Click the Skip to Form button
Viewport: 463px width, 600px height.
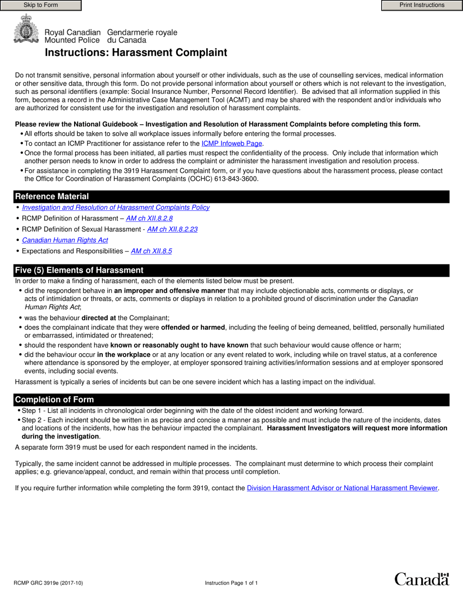(x=40, y=5)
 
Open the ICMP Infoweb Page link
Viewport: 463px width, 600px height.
(x=232, y=143)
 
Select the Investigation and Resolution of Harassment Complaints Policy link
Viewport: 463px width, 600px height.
(x=116, y=207)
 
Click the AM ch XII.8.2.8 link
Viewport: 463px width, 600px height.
(x=149, y=219)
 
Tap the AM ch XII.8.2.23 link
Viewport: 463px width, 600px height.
(x=172, y=229)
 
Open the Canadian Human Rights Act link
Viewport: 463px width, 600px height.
(x=65, y=240)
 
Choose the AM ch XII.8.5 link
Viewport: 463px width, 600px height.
(x=151, y=251)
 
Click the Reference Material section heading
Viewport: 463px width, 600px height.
(x=52, y=197)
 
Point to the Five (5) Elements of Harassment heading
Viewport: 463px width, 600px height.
(x=79, y=270)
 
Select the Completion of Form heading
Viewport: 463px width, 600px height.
(x=54, y=400)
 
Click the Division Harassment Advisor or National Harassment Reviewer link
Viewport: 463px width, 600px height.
(x=343, y=488)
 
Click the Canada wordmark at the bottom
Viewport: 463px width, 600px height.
(x=421, y=579)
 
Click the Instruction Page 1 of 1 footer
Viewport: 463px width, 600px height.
(x=231, y=583)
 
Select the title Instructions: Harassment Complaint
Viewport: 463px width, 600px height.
(x=136, y=53)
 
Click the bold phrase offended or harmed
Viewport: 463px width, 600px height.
(x=193, y=327)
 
